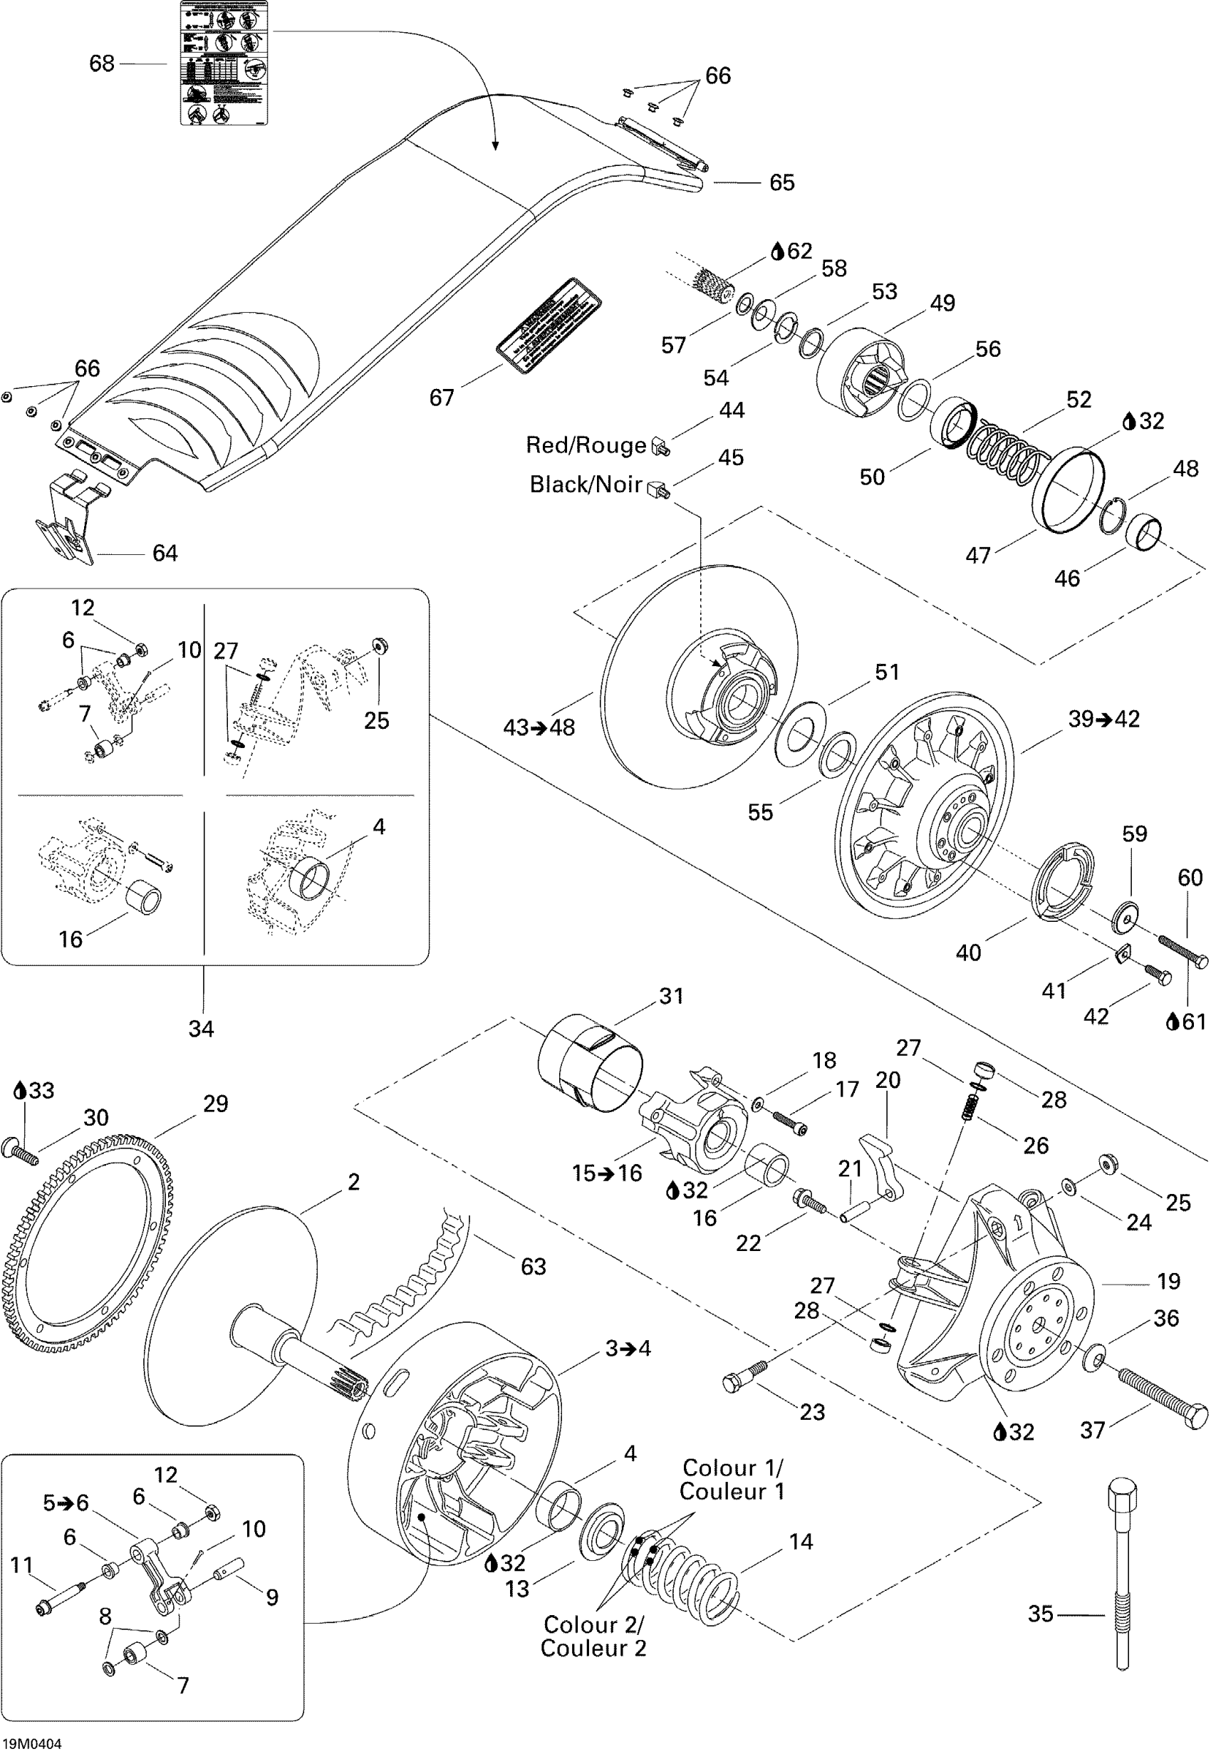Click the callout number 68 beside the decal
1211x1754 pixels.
(102, 63)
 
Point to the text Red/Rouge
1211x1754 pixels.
(586, 445)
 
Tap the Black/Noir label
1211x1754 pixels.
(586, 484)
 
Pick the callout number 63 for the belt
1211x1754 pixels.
(533, 1266)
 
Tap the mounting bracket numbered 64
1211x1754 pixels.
(67, 524)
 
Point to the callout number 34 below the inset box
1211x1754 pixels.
(201, 1029)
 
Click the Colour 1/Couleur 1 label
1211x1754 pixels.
(732, 1480)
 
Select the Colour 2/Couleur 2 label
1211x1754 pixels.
(593, 1636)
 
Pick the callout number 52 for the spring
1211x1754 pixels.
(1079, 400)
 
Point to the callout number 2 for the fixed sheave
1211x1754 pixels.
(353, 1181)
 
